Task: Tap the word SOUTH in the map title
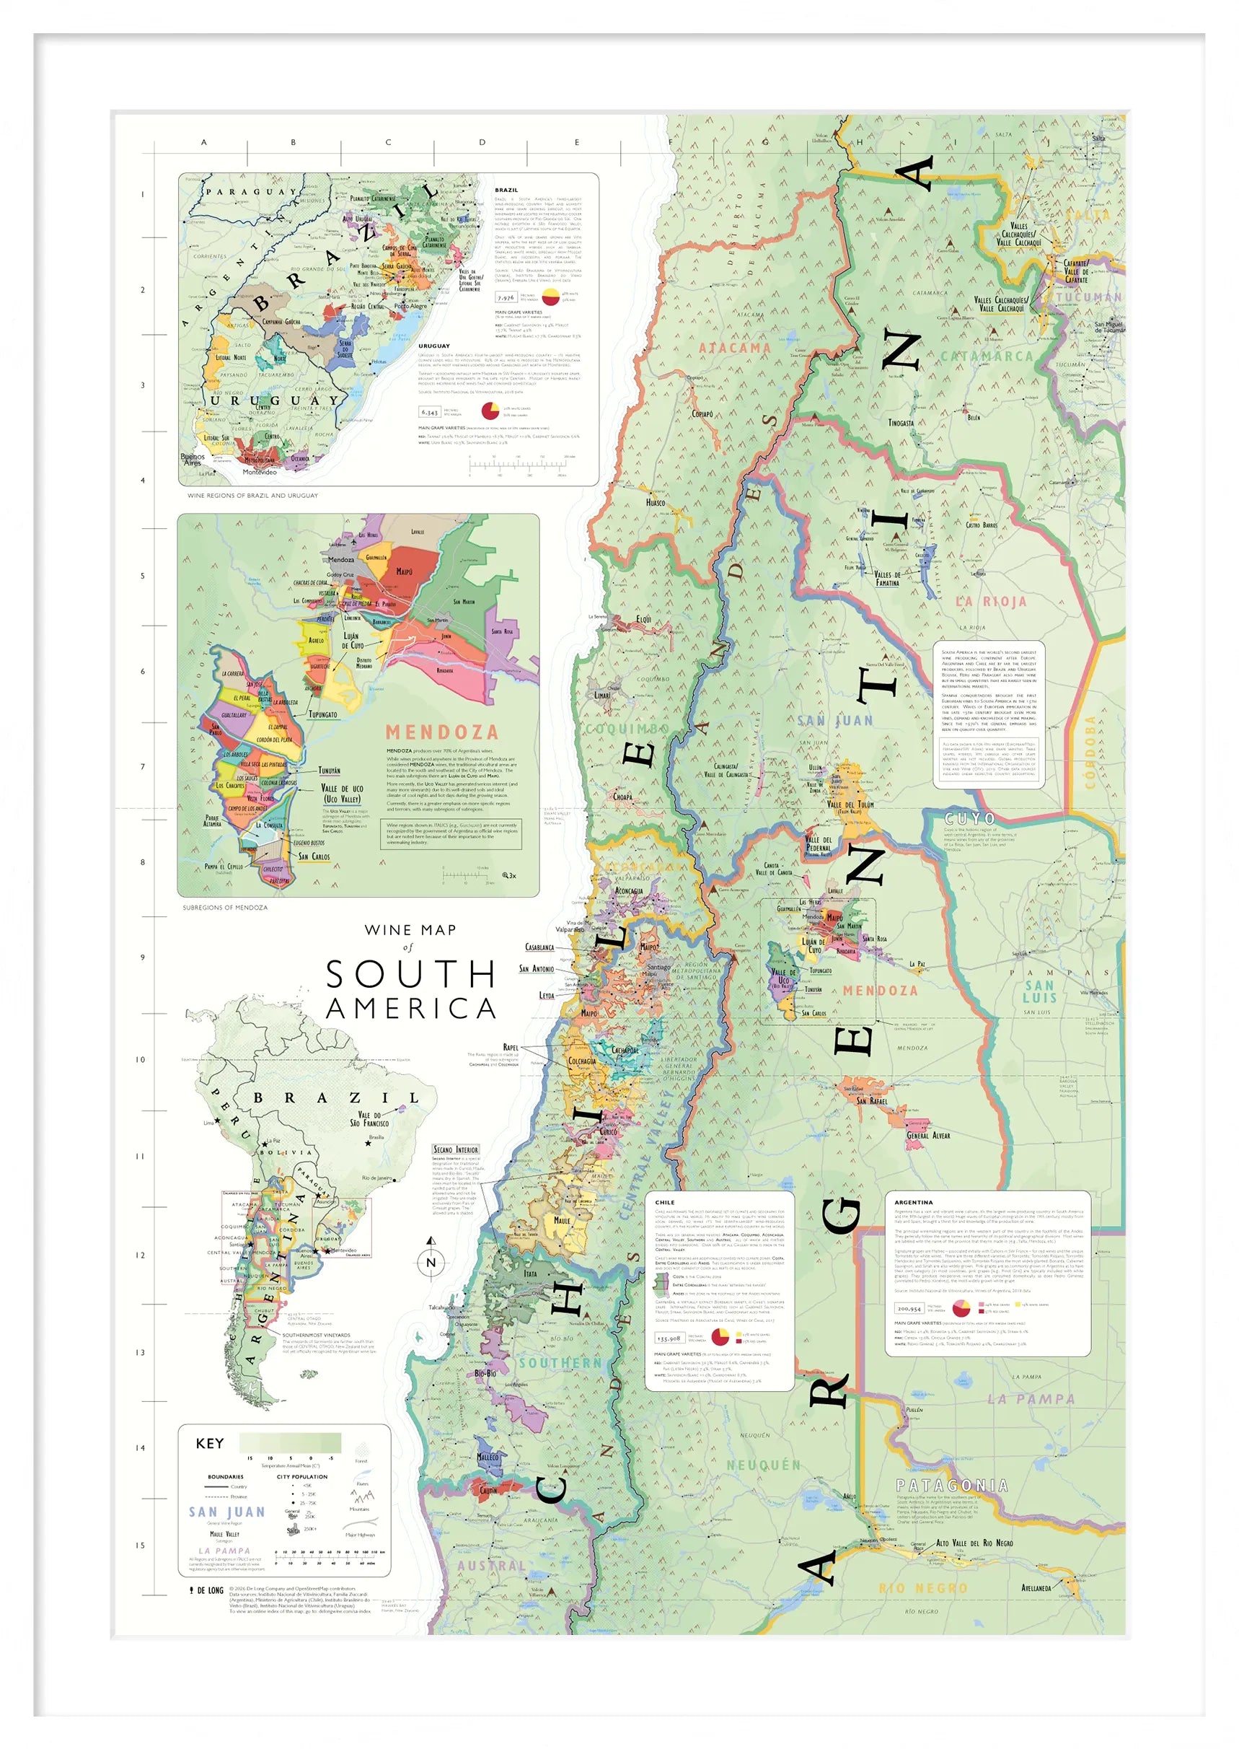point(410,975)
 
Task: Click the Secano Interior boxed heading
point(456,1149)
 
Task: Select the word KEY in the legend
point(210,1443)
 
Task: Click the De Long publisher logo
point(207,1590)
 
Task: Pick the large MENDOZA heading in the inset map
point(442,732)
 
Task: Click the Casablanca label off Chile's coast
point(539,947)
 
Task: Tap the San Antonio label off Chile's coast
point(537,969)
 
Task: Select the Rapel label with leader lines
point(511,1047)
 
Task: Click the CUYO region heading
point(970,819)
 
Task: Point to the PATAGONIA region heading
point(951,1485)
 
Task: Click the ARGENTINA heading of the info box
point(913,1202)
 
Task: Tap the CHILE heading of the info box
point(664,1202)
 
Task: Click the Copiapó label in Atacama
point(702,413)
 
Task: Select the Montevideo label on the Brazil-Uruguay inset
point(260,473)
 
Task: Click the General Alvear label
point(927,1135)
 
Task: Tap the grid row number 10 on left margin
point(141,1059)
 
